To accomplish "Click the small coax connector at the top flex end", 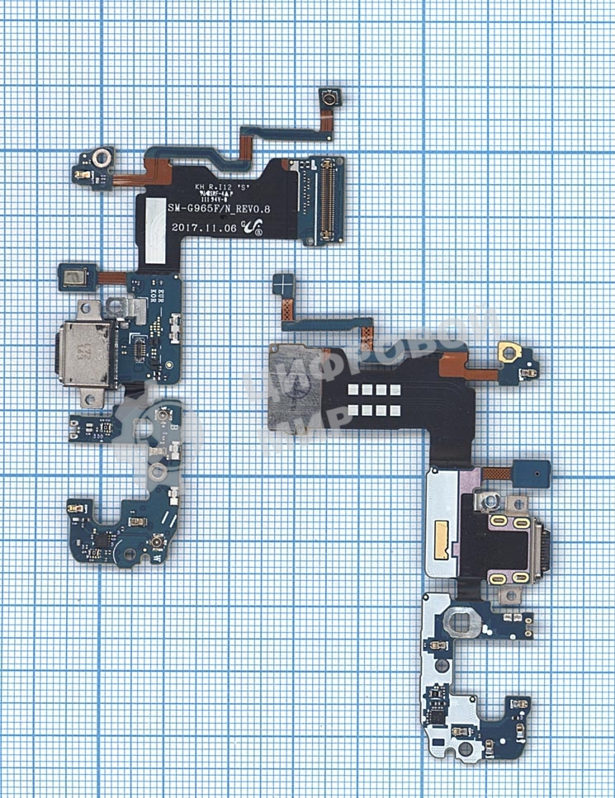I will point(329,100).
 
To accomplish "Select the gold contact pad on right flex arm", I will point(506,352).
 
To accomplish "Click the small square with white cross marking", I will point(282,286).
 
